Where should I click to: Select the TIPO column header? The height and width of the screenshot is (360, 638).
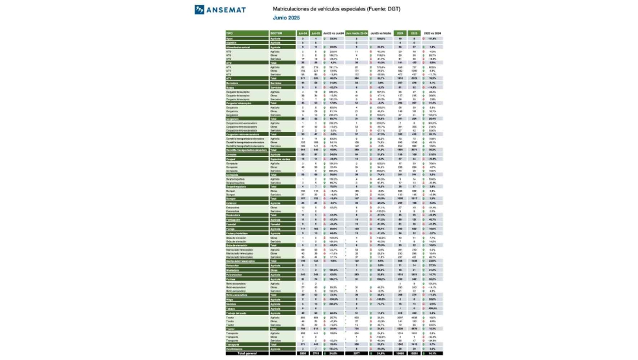point(229,33)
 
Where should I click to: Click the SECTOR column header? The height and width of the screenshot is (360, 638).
point(258,33)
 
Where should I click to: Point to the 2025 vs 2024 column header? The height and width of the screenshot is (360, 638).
point(432,33)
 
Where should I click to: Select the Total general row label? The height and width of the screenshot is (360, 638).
point(248,353)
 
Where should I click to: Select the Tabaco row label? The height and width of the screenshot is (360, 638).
point(230,308)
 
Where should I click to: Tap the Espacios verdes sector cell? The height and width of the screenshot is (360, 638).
point(262,158)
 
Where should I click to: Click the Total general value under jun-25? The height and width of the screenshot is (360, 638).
point(316,353)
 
